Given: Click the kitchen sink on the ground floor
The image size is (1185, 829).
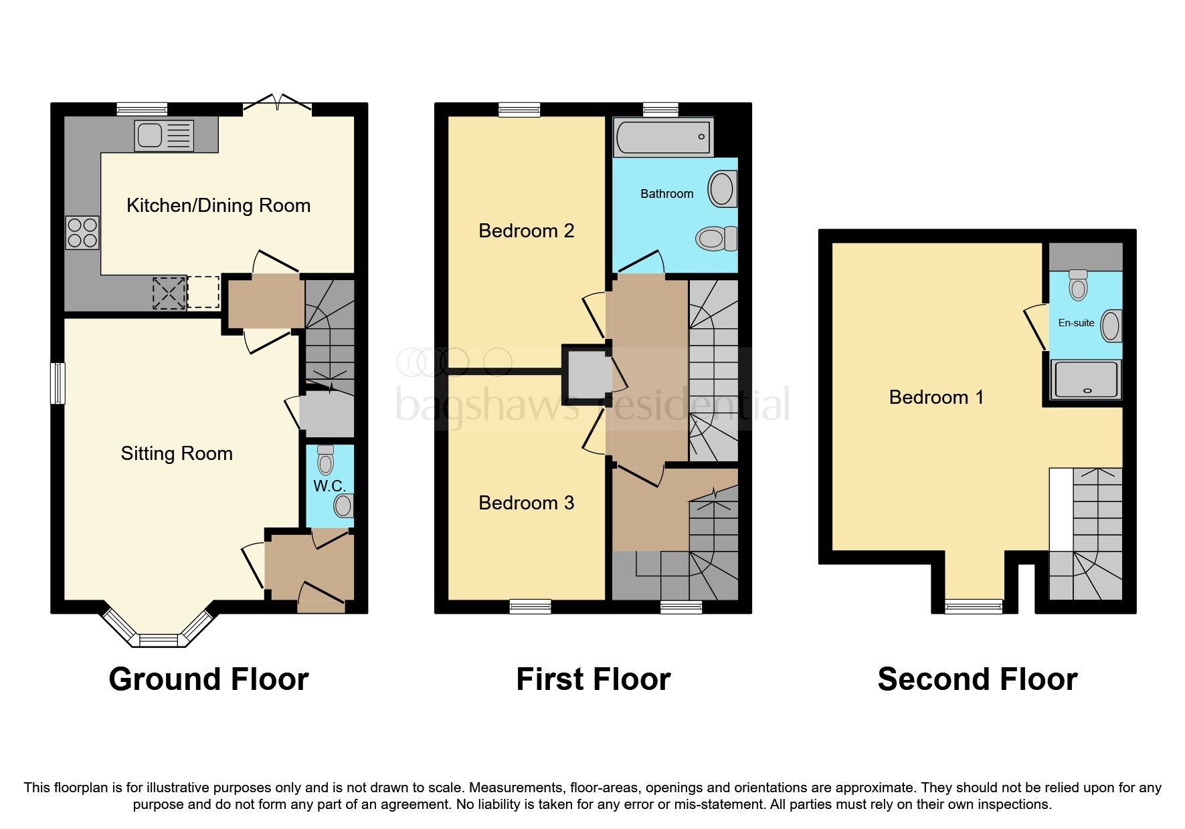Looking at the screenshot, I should [x=164, y=136].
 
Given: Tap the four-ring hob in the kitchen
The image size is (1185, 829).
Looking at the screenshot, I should [x=82, y=233].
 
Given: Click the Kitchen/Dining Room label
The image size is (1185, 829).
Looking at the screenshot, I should [x=218, y=205].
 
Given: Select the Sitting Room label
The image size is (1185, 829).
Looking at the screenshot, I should [x=177, y=453].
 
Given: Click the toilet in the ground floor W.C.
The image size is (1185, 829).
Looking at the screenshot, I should [x=326, y=459].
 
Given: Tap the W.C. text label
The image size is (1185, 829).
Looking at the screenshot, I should [x=329, y=486].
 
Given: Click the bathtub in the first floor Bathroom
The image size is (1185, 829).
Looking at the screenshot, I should [x=662, y=137].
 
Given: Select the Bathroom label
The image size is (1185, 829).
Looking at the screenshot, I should [x=666, y=194].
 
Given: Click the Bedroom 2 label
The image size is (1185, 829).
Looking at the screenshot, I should [x=526, y=231].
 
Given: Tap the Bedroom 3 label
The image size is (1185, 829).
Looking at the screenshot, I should [x=526, y=503].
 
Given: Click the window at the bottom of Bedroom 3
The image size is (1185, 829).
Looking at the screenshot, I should [x=530, y=606].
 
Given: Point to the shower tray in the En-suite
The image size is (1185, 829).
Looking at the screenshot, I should [x=1085, y=379].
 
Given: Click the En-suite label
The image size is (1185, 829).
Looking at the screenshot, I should [x=1076, y=323].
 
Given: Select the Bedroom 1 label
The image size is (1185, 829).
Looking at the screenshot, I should [x=935, y=397].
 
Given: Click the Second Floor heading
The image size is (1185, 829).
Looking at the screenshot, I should [x=977, y=679].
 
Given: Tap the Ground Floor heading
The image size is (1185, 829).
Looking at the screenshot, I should [x=208, y=679].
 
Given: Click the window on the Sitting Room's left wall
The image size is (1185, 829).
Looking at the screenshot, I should [x=58, y=383].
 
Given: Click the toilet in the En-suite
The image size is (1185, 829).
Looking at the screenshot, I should [x=1078, y=285].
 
